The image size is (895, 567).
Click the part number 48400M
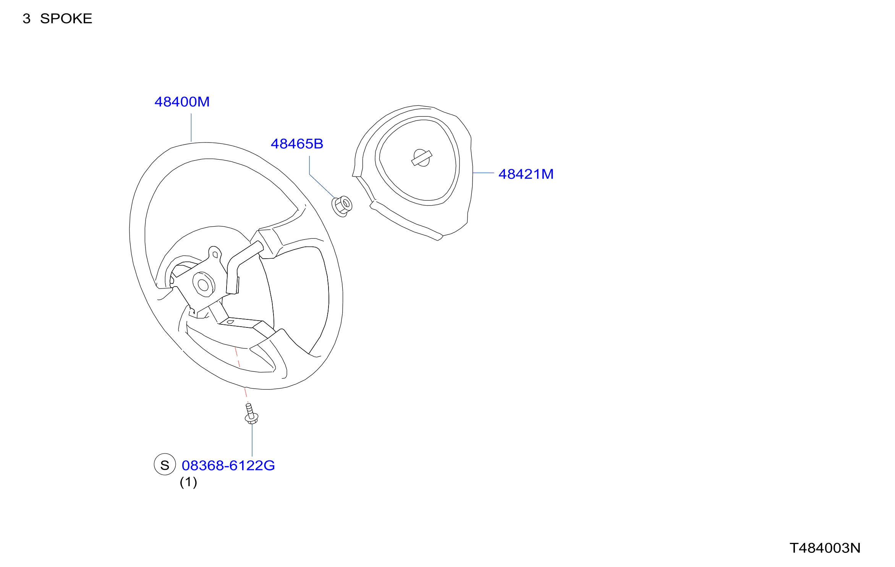[x=182, y=102]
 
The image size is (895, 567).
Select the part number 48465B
[x=297, y=144]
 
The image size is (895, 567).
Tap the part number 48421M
[x=526, y=174]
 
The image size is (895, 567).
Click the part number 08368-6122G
[x=228, y=466]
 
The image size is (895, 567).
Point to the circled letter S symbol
[x=165, y=465]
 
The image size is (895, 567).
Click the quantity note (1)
[x=188, y=482]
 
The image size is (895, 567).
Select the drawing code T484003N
[x=825, y=548]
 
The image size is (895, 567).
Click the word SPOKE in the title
[x=66, y=19]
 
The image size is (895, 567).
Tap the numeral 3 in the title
[x=26, y=19]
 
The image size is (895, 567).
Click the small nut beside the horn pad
[x=342, y=206]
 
